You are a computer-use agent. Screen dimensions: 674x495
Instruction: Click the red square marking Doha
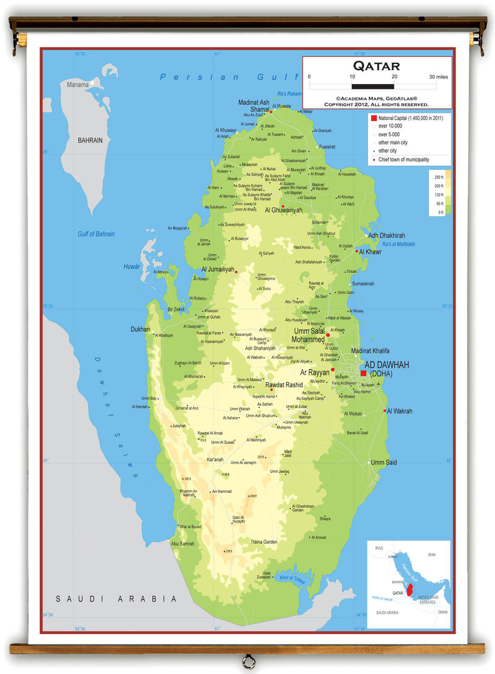(x=363, y=373)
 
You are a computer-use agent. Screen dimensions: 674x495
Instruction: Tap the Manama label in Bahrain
(x=77, y=84)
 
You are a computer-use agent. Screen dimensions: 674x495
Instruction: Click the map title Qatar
(x=377, y=66)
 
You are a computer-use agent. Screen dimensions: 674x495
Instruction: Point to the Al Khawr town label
(x=370, y=252)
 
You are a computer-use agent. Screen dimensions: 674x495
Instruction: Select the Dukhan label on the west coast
(x=140, y=329)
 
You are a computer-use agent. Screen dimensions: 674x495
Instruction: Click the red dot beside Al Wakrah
(x=385, y=411)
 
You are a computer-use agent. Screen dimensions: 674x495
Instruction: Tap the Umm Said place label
(x=384, y=462)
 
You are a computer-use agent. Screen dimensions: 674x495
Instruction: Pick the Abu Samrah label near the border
(x=183, y=543)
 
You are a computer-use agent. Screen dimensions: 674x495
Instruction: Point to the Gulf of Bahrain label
(x=96, y=234)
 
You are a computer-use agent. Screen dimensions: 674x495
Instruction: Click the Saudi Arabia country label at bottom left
(x=116, y=599)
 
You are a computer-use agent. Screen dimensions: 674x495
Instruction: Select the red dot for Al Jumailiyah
(x=236, y=272)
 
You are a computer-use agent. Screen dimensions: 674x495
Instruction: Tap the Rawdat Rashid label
(x=284, y=384)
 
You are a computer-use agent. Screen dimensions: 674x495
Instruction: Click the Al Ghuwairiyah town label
(x=283, y=210)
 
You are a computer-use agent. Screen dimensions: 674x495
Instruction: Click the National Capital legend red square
(x=374, y=118)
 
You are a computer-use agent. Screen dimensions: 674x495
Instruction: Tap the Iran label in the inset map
(x=431, y=554)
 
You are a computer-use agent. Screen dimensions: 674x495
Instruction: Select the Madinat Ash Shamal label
(x=254, y=106)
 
